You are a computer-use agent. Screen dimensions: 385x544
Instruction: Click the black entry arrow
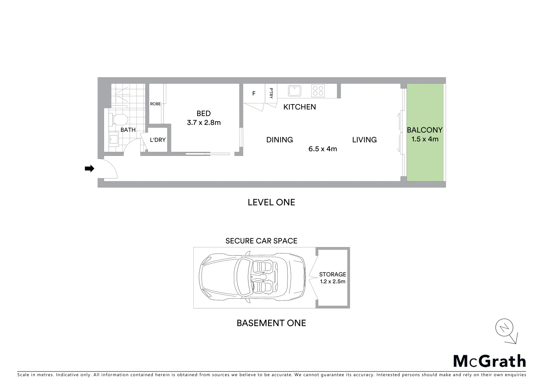pyautogui.click(x=89, y=169)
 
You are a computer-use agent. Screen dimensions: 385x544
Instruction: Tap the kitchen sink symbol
pyautogui.click(x=294, y=91)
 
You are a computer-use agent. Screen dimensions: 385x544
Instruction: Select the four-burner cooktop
pyautogui.click(x=318, y=91)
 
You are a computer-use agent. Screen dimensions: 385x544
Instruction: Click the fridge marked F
pyautogui.click(x=254, y=94)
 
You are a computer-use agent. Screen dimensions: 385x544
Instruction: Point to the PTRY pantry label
pyautogui.click(x=271, y=93)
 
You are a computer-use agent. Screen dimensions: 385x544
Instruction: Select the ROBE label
pyautogui.click(x=155, y=104)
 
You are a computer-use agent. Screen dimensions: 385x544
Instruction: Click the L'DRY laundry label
pyautogui.click(x=158, y=140)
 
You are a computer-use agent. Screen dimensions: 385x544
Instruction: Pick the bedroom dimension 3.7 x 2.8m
pyautogui.click(x=204, y=123)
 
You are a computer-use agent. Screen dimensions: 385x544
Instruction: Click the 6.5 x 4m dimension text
pyautogui.click(x=323, y=149)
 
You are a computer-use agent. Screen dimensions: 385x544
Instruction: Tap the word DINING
pyautogui.click(x=279, y=140)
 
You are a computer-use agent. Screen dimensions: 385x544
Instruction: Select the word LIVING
pyautogui.click(x=364, y=140)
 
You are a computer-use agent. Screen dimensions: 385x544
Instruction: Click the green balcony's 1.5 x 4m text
pyautogui.click(x=425, y=139)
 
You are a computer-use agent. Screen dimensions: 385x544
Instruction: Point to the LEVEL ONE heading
pyautogui.click(x=271, y=202)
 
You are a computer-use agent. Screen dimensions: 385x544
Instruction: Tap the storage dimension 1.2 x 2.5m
pyautogui.click(x=332, y=282)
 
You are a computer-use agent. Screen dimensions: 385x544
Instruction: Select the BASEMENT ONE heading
pyautogui.click(x=271, y=323)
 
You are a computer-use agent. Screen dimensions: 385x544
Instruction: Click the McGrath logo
pyautogui.click(x=490, y=361)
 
